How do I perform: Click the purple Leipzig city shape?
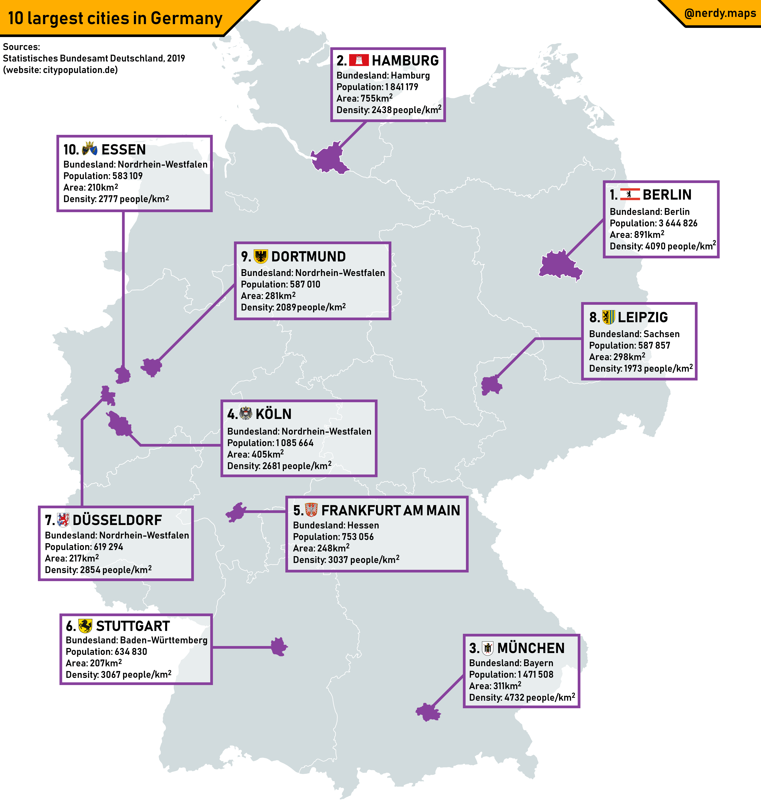491,385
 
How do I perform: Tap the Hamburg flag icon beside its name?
359,60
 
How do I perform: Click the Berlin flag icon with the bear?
629,194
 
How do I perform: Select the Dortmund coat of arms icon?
261,256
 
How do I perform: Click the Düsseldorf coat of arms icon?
63,520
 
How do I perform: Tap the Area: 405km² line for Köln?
255,454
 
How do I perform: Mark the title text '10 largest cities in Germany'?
115,18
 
